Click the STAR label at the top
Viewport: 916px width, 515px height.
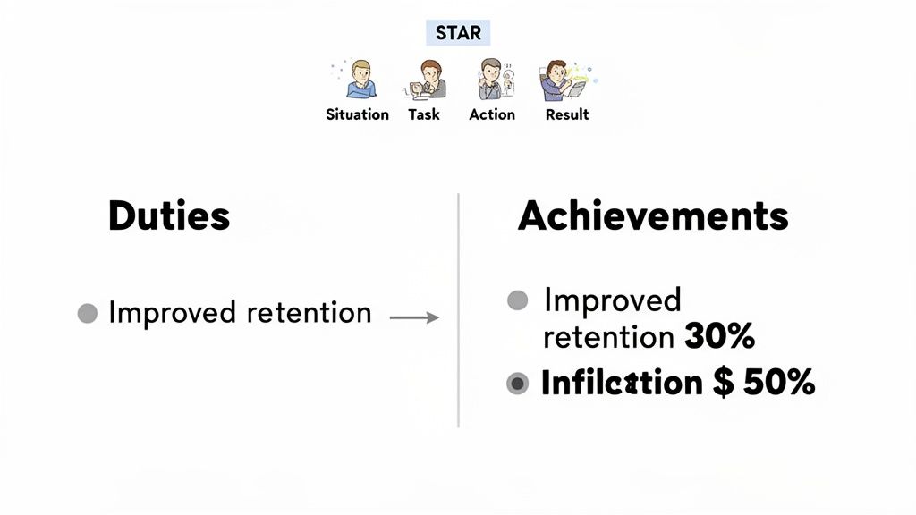(x=458, y=34)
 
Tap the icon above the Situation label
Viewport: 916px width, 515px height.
(x=360, y=80)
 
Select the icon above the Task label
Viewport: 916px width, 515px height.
(x=426, y=80)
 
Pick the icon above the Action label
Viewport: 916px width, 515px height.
(x=491, y=80)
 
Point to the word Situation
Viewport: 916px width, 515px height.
(x=357, y=114)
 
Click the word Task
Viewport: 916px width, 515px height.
(x=424, y=114)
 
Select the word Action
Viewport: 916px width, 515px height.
(x=492, y=114)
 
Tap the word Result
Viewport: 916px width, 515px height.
(x=567, y=114)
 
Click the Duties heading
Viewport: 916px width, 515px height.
(x=169, y=216)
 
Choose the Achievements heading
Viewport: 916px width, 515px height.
(x=653, y=216)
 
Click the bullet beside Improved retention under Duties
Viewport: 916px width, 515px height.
(x=87, y=314)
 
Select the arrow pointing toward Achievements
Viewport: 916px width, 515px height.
(x=415, y=317)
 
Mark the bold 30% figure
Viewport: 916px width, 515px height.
(x=719, y=337)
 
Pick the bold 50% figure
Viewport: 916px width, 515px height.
(x=776, y=383)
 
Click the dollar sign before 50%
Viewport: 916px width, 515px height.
(x=724, y=383)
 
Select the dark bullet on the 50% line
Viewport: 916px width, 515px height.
(x=518, y=384)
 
